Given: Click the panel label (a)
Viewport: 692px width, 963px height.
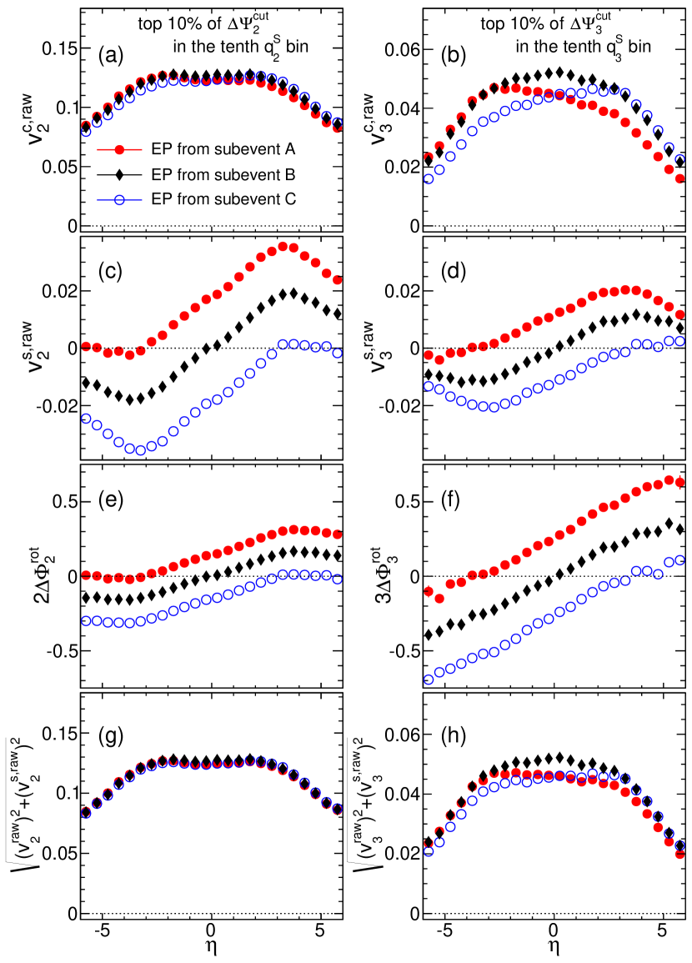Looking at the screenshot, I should tap(112, 58).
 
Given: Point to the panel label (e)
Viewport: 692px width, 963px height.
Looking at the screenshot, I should tap(112, 503).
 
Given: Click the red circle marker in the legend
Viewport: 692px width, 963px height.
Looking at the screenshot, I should tap(120, 149).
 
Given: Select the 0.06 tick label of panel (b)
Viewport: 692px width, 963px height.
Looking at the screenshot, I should tap(402, 49).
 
